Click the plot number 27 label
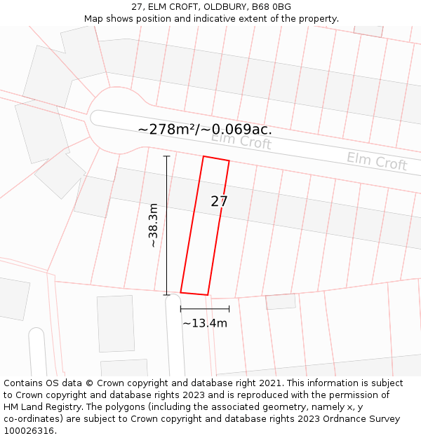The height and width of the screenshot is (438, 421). pos(219,201)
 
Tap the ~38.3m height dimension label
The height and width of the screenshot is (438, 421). pos(153,226)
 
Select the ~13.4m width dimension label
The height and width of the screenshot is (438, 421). pos(205,323)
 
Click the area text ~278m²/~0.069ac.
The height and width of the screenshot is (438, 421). pos(205,129)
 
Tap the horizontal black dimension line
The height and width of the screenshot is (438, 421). pos(205,308)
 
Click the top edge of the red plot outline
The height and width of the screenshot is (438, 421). pos(216,158)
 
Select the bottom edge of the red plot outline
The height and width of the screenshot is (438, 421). pos(194,293)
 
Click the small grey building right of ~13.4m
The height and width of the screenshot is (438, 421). pos(281,302)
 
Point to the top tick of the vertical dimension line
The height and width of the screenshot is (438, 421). pos(166,156)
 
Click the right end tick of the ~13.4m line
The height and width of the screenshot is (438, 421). pos(229,308)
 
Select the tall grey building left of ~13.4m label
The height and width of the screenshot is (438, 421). pos(116,323)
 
